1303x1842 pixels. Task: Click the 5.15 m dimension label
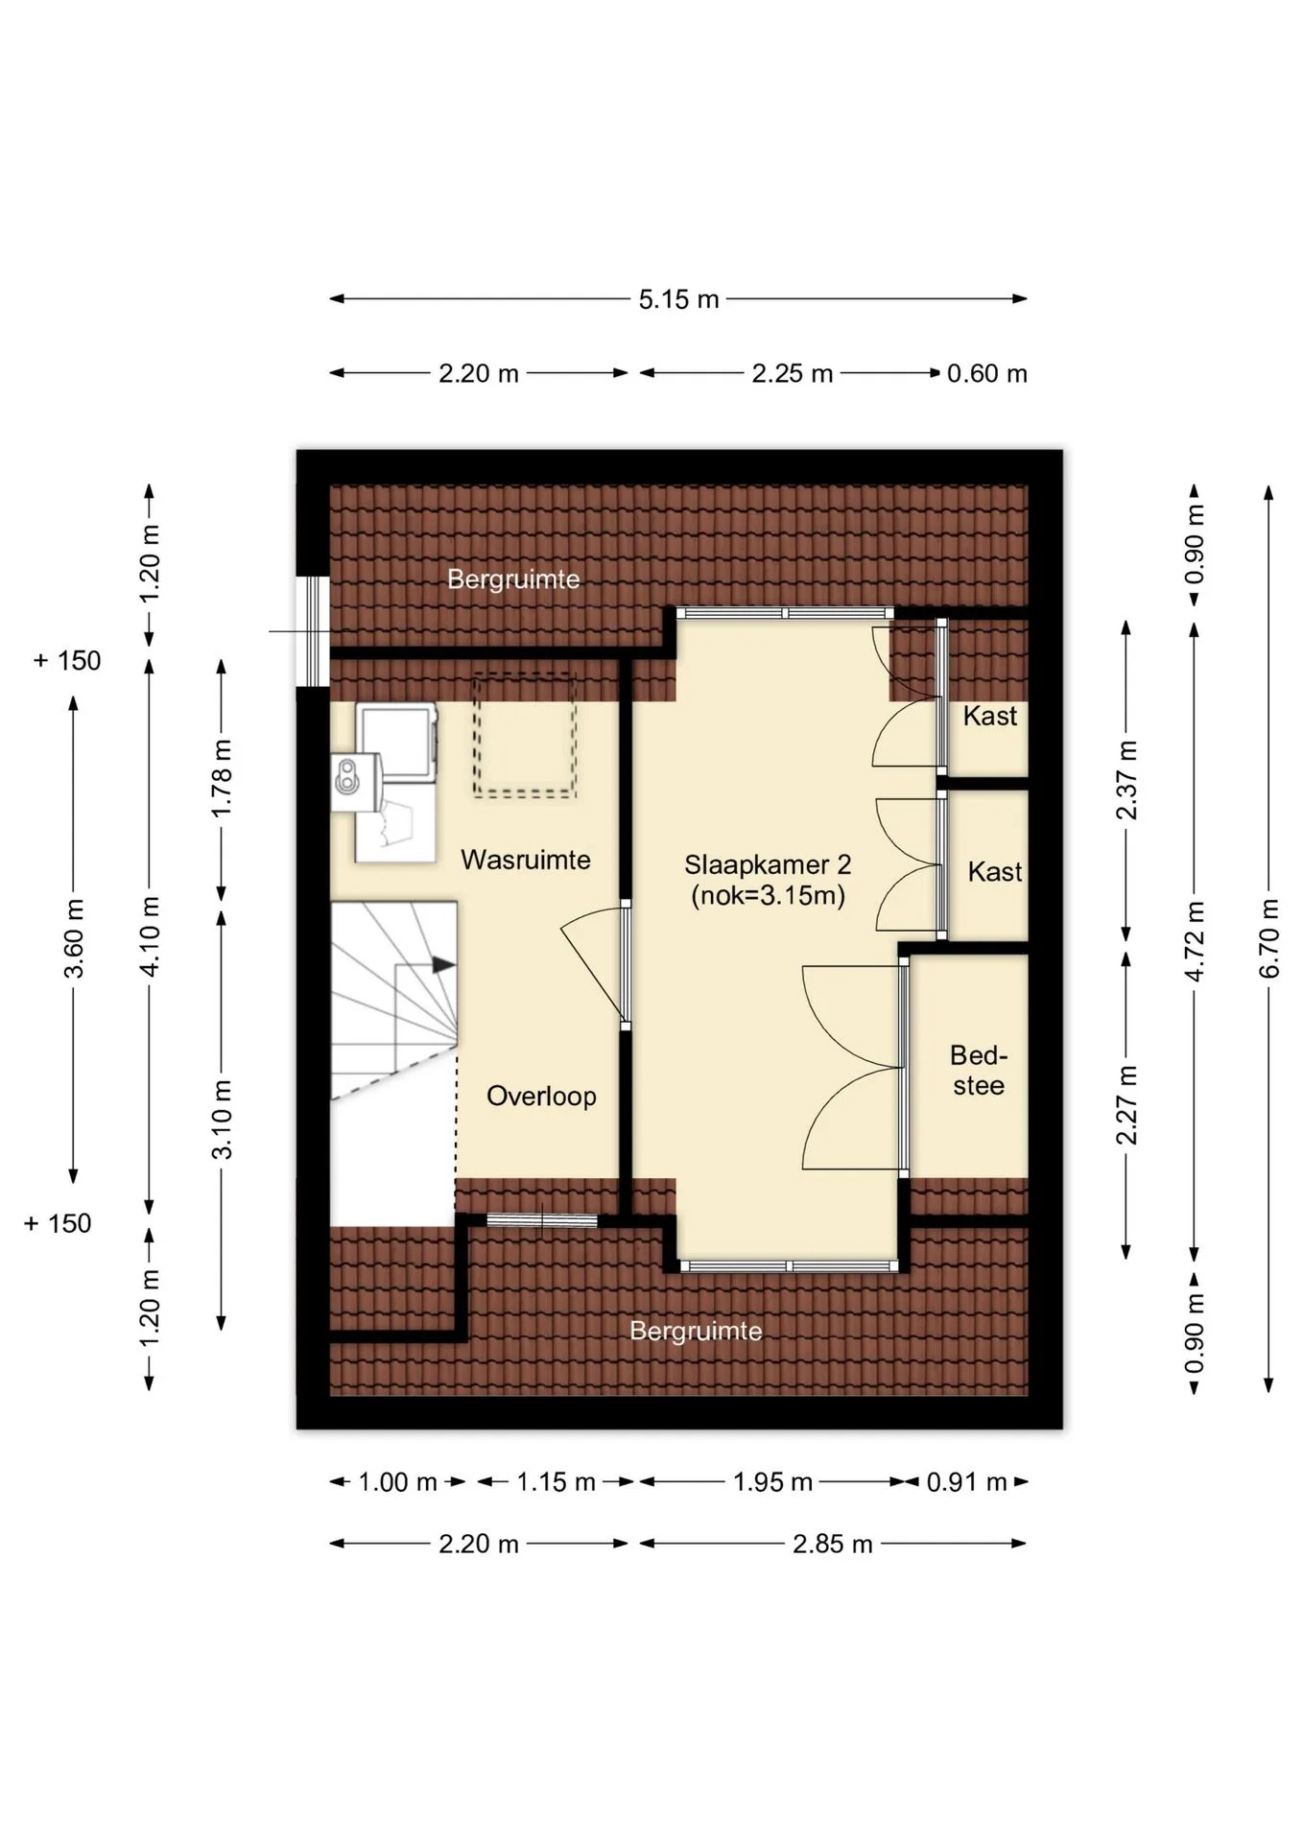pyautogui.click(x=678, y=299)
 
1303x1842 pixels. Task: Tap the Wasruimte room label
pyautogui.click(x=526, y=860)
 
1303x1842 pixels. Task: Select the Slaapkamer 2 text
pyautogui.click(x=768, y=864)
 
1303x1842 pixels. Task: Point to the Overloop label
pyautogui.click(x=541, y=1096)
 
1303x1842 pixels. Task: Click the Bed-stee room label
pyautogui.click(x=979, y=1071)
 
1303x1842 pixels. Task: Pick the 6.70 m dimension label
pyautogui.click(x=1268, y=938)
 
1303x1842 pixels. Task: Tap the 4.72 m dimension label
pyautogui.click(x=1195, y=941)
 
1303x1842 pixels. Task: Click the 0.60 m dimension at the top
pyautogui.click(x=987, y=373)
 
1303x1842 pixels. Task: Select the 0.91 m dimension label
pyautogui.click(x=967, y=1482)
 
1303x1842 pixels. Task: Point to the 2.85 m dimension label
pyautogui.click(x=833, y=1544)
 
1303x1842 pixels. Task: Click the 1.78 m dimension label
pyautogui.click(x=222, y=778)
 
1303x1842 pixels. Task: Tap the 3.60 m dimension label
pyautogui.click(x=74, y=939)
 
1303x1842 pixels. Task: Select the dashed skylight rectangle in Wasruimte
pyautogui.click(x=524, y=736)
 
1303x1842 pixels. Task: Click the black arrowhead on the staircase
pyautogui.click(x=443, y=965)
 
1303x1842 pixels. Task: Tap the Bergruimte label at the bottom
pyautogui.click(x=696, y=1331)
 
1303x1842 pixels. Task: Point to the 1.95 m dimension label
pyautogui.click(x=772, y=1482)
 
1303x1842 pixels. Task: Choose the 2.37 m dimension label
pyautogui.click(x=1126, y=780)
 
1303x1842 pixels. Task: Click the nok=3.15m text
pyautogui.click(x=768, y=896)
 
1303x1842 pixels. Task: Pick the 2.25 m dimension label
pyautogui.click(x=792, y=373)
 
